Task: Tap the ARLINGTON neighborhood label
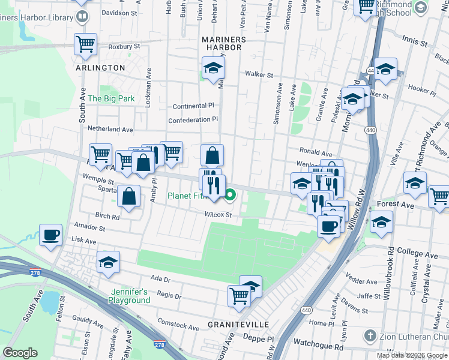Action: tap(100, 68)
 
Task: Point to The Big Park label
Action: tap(111, 98)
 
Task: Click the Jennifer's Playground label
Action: tap(130, 296)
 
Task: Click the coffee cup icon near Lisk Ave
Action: tap(50, 234)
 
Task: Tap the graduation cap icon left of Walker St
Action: tap(212, 69)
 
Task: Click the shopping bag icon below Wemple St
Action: tap(128, 196)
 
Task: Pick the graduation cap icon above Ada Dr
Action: tap(108, 262)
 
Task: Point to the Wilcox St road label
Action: tap(218, 214)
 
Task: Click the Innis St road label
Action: tap(415, 44)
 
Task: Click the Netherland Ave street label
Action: tap(110, 129)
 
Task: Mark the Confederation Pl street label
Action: tap(193, 120)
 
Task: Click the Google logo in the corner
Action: tap(20, 353)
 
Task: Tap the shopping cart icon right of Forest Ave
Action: tap(439, 196)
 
